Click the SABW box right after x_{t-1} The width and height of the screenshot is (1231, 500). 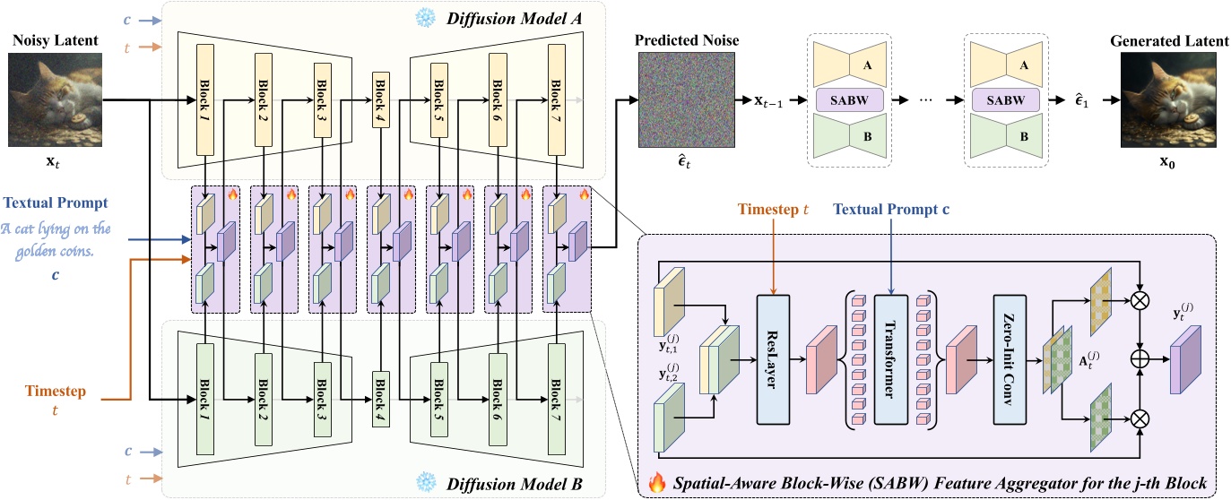847,99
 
